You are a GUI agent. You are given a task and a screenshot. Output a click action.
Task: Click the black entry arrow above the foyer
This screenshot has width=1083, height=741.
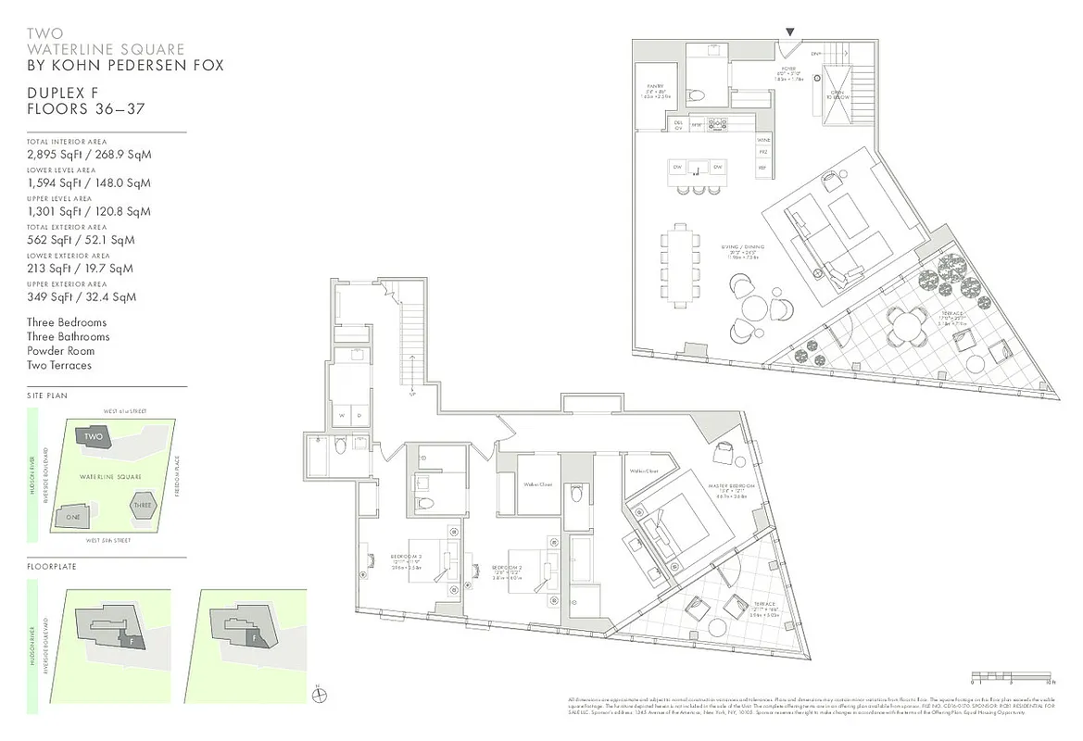pyautogui.click(x=790, y=31)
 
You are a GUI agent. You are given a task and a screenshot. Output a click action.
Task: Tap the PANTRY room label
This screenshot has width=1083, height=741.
pyautogui.click(x=655, y=91)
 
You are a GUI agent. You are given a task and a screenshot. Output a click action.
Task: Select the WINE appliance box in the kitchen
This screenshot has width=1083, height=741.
pyautogui.click(x=764, y=140)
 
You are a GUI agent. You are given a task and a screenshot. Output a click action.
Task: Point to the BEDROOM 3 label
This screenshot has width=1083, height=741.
pyautogui.click(x=408, y=558)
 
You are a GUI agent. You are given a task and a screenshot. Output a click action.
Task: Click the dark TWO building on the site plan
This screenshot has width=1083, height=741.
pyautogui.click(x=94, y=436)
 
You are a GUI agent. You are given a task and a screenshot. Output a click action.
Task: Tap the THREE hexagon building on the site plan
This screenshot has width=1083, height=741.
pyautogui.click(x=142, y=506)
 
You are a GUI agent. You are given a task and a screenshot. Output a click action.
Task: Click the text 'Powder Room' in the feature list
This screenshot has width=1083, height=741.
pyautogui.click(x=60, y=351)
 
